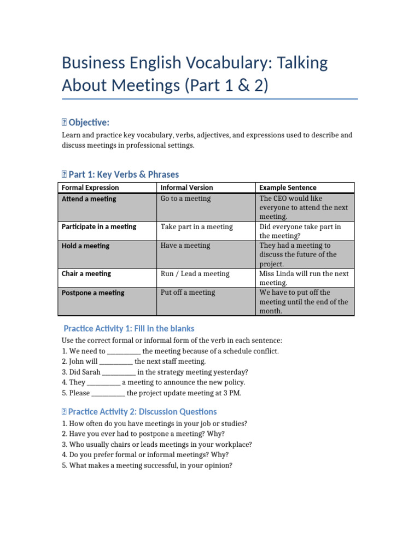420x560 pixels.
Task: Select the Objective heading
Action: [x=89, y=122]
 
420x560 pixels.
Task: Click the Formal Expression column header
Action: [x=90, y=188]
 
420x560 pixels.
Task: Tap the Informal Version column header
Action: [x=186, y=188]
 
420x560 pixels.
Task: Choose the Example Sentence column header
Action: [x=288, y=188]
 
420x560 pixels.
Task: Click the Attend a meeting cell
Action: [x=89, y=199]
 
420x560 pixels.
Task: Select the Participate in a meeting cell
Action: [x=99, y=226]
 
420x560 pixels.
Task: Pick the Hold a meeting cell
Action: [x=85, y=246]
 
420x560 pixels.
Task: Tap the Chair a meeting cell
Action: [x=86, y=273]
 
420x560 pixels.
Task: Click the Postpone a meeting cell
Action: [x=93, y=293]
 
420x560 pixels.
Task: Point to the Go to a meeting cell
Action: [x=185, y=199]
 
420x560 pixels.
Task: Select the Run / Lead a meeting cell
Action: [x=195, y=273]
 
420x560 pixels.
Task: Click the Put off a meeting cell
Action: [x=188, y=293]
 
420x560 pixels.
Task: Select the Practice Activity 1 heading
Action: [x=129, y=329]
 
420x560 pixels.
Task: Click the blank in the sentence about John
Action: [x=116, y=361]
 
